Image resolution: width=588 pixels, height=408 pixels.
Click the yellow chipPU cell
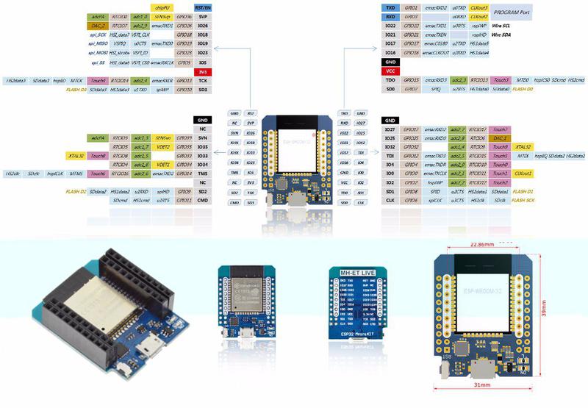click(x=162, y=7)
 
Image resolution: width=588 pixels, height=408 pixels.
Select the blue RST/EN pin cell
click(x=203, y=7)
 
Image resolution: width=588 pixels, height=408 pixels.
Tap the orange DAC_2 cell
click(x=98, y=25)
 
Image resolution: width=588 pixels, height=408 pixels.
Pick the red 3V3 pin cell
click(x=203, y=71)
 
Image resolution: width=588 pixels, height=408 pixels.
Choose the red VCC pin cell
click(x=390, y=71)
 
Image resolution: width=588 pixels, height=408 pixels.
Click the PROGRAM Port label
click(x=512, y=12)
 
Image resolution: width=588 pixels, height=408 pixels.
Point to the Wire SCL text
click(x=502, y=25)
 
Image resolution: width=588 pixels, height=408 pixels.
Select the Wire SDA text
click(x=502, y=35)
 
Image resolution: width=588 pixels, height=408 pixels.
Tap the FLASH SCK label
click(x=523, y=200)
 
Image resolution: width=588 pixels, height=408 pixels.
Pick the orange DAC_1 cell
click(x=500, y=137)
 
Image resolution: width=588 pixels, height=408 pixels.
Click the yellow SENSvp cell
click(x=162, y=16)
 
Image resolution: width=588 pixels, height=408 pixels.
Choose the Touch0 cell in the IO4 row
click(x=500, y=164)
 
